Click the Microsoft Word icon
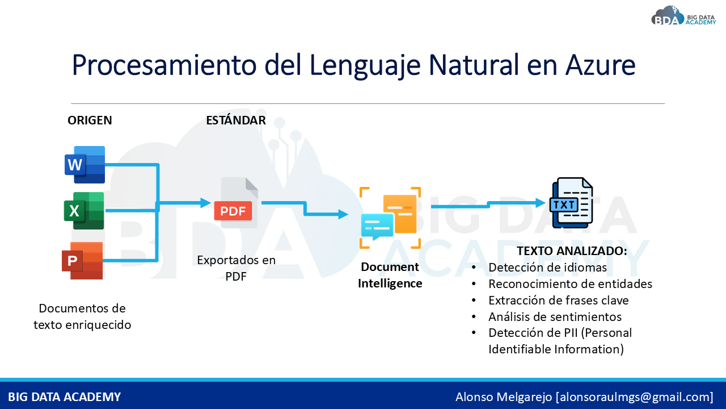click(85, 165)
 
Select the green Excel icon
click(84, 211)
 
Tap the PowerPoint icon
click(82, 261)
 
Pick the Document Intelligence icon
click(390, 218)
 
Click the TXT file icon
click(571, 203)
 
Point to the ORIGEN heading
click(90, 120)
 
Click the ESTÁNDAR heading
click(236, 120)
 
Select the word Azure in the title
click(600, 65)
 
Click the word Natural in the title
click(474, 65)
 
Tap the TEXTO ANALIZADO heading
click(572, 251)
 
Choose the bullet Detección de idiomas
click(547, 268)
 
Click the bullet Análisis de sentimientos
click(555, 316)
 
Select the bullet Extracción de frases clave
click(559, 301)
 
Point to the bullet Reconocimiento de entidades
click(570, 284)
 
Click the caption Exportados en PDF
click(237, 268)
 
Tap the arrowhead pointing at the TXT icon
click(541, 203)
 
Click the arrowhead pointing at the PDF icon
click(205, 203)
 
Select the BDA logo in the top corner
click(683, 16)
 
